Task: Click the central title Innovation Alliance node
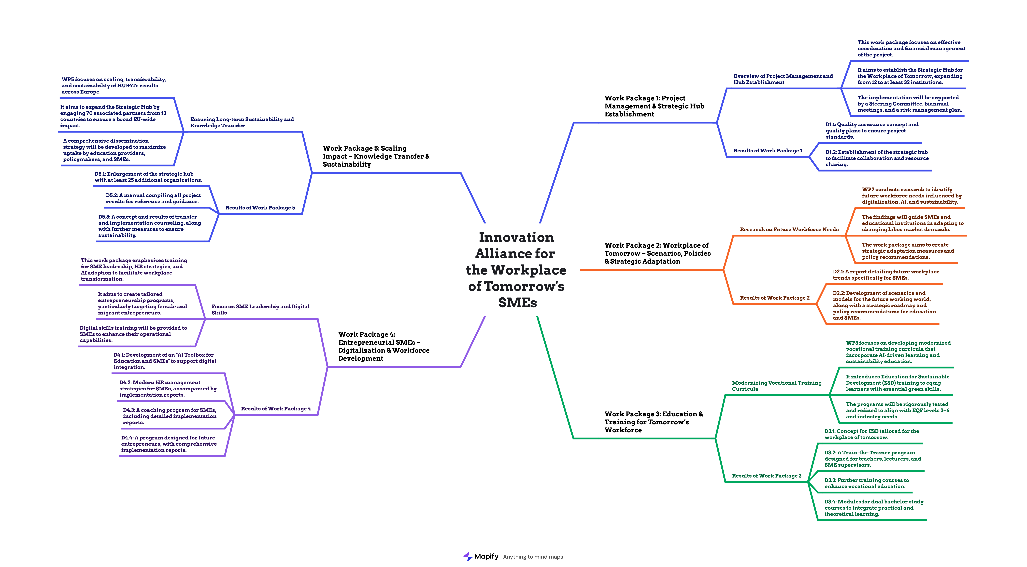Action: click(x=516, y=270)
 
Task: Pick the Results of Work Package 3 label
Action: click(x=766, y=476)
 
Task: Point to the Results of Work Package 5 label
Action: click(x=260, y=208)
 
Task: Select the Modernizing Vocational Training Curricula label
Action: click(x=776, y=386)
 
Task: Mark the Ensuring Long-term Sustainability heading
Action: click(x=242, y=122)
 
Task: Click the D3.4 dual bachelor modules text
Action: click(x=873, y=508)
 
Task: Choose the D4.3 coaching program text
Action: click(x=169, y=416)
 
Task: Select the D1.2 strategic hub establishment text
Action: click(x=877, y=158)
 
